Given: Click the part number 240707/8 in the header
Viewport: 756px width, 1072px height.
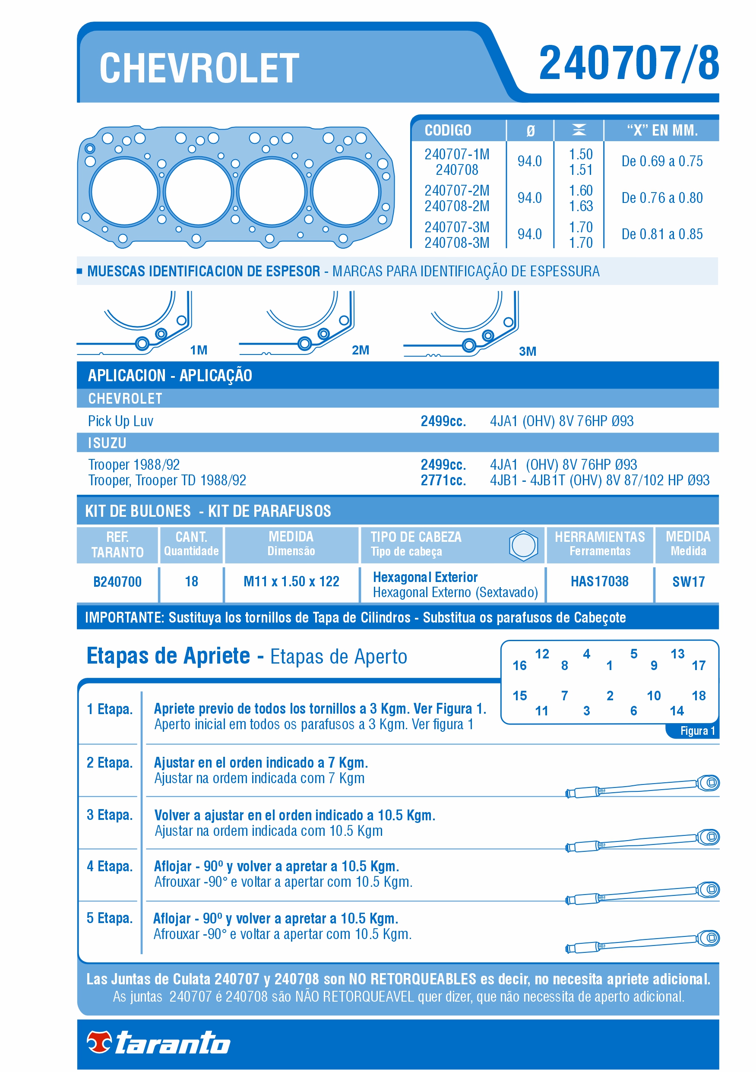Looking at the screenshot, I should [628, 63].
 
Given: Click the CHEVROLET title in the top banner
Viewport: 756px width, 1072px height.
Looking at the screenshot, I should [199, 69].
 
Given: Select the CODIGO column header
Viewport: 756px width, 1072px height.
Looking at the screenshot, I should [447, 130].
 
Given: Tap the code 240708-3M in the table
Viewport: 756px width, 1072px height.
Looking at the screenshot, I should [456, 243].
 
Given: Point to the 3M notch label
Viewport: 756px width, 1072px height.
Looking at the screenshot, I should [527, 351].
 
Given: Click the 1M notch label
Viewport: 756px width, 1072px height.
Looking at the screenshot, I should [199, 350].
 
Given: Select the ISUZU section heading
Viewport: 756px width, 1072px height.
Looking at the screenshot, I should [107, 443].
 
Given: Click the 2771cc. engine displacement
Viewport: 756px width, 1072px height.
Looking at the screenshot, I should [443, 480].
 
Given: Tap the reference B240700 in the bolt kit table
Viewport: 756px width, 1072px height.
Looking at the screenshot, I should [117, 582].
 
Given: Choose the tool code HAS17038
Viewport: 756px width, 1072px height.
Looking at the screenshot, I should [599, 581].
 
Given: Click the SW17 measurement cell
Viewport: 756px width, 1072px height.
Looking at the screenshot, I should [688, 582].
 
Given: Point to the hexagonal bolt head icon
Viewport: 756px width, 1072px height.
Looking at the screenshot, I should [523, 545].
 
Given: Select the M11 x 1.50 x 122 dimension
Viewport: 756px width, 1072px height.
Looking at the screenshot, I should [291, 581].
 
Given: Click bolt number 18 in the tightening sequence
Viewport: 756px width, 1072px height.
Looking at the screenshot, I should [698, 696].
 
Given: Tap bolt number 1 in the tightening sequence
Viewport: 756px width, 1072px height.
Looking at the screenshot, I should [609, 666].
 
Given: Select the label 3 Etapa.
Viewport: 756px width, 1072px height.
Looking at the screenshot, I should [109, 815].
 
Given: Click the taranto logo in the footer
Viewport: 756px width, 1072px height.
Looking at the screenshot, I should [159, 1043].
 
